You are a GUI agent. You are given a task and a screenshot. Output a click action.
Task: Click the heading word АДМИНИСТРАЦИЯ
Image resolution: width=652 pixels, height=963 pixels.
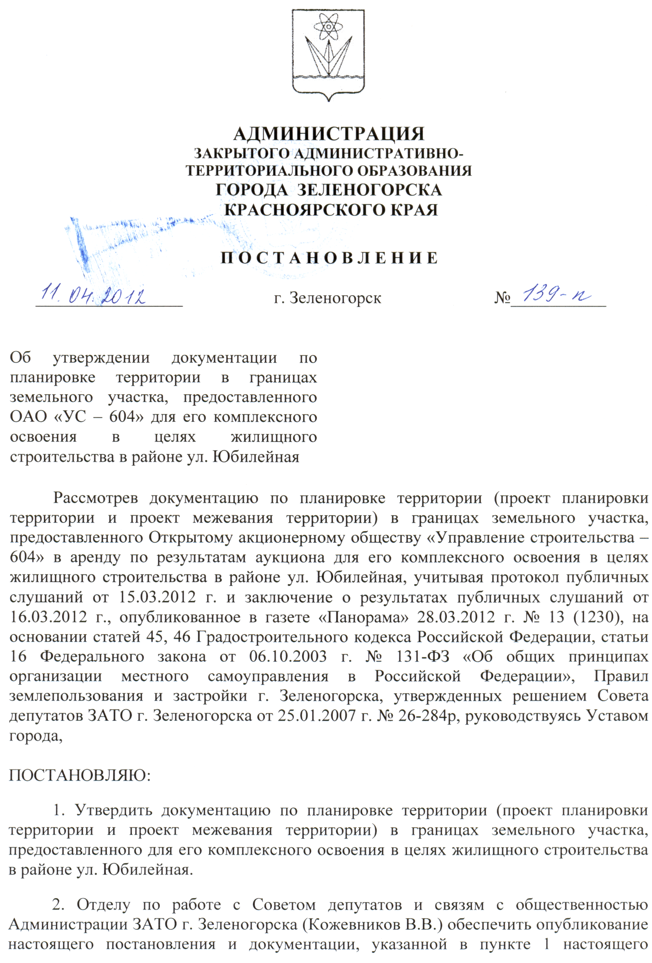(x=329, y=134)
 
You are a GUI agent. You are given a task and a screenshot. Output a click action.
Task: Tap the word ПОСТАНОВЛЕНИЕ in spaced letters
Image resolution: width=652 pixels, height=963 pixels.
(x=329, y=258)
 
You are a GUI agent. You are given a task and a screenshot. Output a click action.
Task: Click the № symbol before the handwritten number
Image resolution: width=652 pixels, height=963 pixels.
(x=501, y=298)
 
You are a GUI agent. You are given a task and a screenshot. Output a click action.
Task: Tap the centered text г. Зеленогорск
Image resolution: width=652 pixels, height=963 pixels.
(x=327, y=299)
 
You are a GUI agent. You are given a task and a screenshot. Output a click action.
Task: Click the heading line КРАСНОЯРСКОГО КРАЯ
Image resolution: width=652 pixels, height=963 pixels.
(x=331, y=210)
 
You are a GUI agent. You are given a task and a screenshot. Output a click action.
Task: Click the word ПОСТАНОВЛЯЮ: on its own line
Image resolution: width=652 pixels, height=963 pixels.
(x=80, y=775)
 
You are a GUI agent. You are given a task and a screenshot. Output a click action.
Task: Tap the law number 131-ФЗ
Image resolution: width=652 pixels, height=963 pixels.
(x=422, y=657)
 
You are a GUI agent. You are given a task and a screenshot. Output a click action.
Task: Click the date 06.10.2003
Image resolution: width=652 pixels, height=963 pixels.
(x=287, y=657)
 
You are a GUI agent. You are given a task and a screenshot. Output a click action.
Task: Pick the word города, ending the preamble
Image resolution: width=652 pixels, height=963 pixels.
(x=36, y=736)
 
